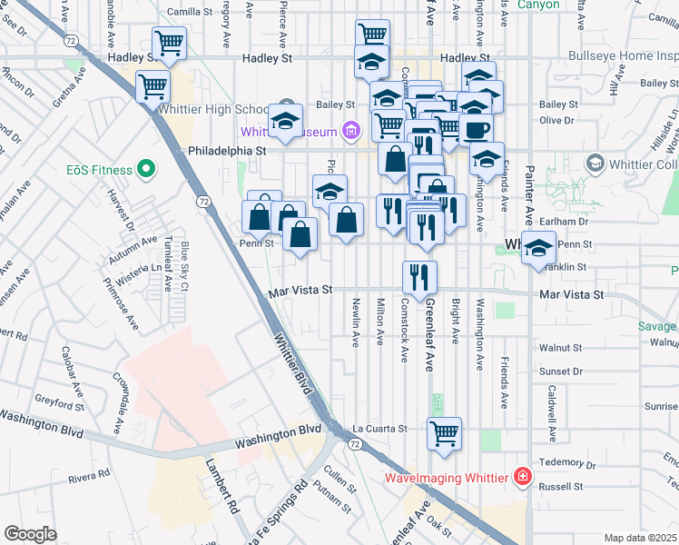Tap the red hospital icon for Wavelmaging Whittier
click(522, 476)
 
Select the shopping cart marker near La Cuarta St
click(444, 432)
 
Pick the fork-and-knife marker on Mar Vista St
click(418, 276)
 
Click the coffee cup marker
click(475, 128)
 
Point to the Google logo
click(30, 534)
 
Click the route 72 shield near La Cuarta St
click(353, 442)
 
